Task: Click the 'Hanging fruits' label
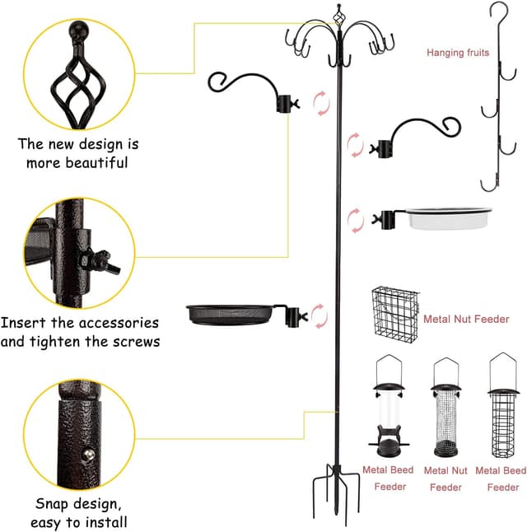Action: click(x=458, y=53)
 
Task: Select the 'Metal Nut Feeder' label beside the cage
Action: click(x=466, y=319)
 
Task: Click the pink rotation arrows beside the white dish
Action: click(x=355, y=220)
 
